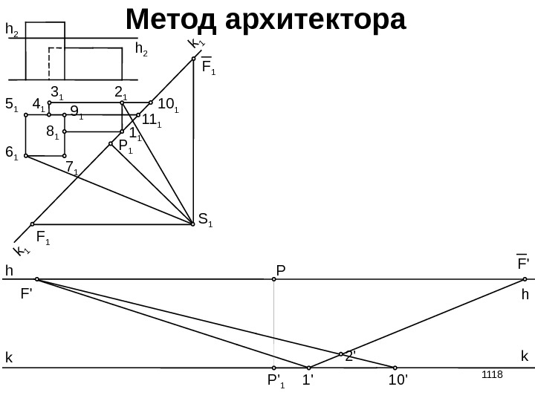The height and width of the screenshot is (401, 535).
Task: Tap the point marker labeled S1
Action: [x=192, y=221]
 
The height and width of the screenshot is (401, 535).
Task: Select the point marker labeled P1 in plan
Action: [x=111, y=144]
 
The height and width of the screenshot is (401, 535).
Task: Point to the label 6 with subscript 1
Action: [x=11, y=152]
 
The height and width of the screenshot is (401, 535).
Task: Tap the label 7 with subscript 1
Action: [x=72, y=169]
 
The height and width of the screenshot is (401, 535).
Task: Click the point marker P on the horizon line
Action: [x=274, y=280]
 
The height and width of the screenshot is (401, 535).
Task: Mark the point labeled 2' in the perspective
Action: [x=341, y=354]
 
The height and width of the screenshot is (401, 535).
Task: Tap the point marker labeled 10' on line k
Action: [x=395, y=367]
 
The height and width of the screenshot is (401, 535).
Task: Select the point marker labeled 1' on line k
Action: [x=308, y=367]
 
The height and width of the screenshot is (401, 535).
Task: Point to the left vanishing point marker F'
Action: [x=37, y=280]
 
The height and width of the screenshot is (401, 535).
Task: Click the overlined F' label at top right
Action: [x=522, y=263]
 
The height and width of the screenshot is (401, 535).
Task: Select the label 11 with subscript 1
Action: [x=151, y=120]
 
